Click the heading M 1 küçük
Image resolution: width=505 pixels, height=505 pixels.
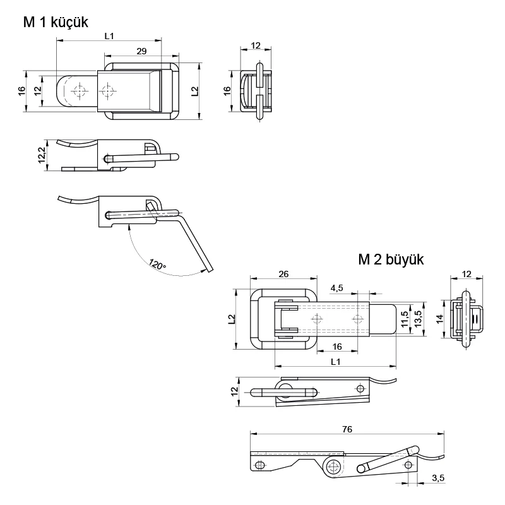[x=55, y=22]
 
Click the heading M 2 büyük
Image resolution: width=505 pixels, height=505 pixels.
[x=391, y=259]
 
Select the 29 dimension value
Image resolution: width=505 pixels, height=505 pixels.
[x=141, y=50]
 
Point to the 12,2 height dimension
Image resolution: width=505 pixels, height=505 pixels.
[x=42, y=155]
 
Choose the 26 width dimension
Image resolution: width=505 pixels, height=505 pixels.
[x=283, y=273]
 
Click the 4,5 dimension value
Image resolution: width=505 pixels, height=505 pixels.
[x=336, y=288]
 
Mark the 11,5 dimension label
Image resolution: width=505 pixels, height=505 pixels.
[x=403, y=321]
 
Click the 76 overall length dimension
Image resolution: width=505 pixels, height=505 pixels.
[x=347, y=429]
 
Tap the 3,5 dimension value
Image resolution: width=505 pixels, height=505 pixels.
[x=438, y=478]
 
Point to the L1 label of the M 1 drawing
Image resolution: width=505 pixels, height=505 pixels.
[x=109, y=36]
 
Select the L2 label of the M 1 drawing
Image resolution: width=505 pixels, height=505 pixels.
[x=194, y=91]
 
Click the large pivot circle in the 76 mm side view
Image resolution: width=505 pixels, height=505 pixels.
[x=333, y=466]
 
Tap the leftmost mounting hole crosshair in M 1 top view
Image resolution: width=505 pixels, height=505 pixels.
[x=79, y=91]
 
